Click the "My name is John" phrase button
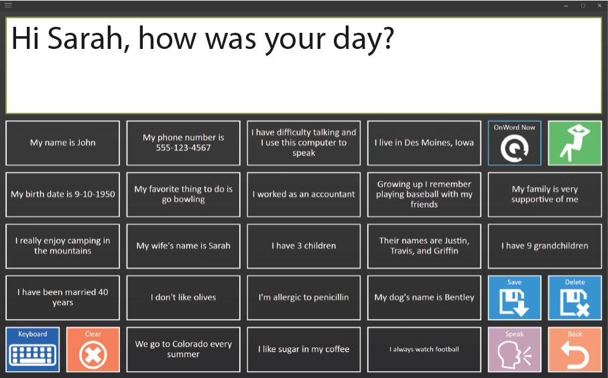point(62,143)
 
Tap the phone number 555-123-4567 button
point(183,143)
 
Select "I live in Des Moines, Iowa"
point(424,143)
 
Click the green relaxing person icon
point(574,143)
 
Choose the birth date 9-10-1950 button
point(62,194)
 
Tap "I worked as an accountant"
point(304,194)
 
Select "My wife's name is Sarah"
point(183,246)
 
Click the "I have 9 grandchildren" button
point(544,246)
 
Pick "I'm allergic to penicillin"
point(304,298)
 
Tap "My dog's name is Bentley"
point(424,298)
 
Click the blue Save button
point(514,298)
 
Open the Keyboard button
point(33,349)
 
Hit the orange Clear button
point(93,349)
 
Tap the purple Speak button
point(514,349)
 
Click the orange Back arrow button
point(574,349)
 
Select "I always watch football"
point(424,349)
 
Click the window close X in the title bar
point(599,6)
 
